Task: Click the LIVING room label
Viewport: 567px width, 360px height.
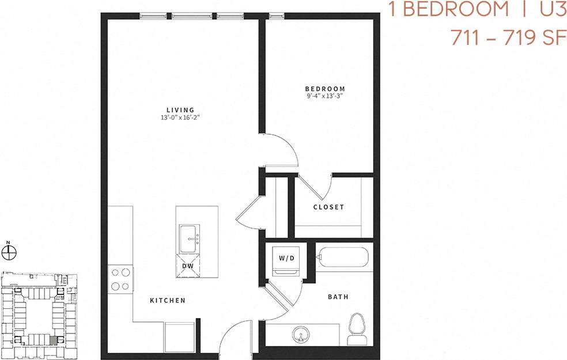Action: (180, 109)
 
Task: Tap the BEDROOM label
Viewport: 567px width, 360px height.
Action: (324, 89)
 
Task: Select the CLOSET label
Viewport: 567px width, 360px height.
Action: (328, 207)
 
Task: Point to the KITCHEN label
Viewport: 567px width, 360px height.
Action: (168, 301)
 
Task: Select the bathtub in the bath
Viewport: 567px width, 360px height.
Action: (345, 257)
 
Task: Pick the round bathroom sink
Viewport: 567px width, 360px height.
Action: (300, 334)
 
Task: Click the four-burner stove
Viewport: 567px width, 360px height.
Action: (120, 279)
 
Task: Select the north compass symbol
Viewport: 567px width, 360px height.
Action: (9, 251)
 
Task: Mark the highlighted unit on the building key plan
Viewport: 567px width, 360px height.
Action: (54, 340)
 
